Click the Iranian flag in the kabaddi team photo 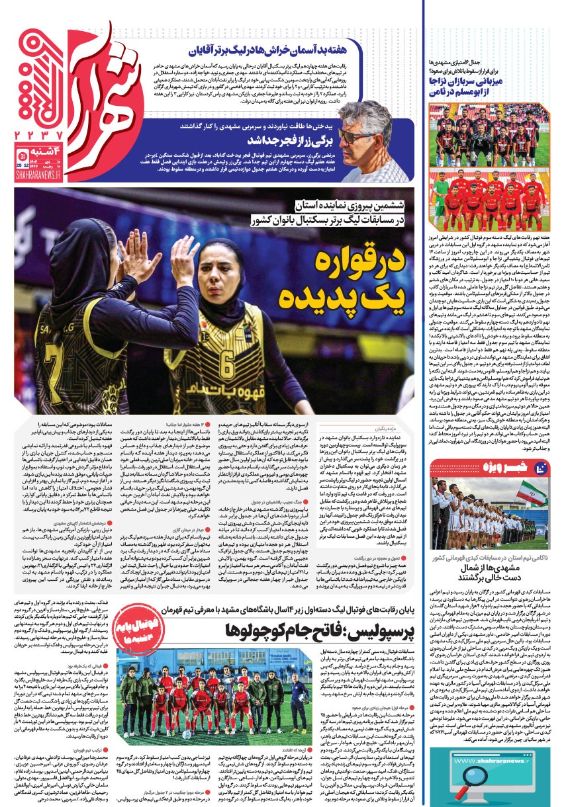(x=529, y=493)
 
